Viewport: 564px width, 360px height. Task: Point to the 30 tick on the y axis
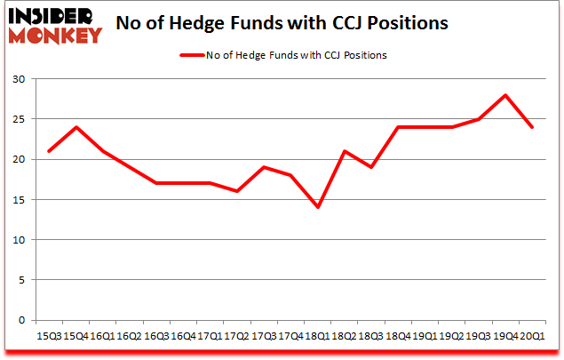(19, 79)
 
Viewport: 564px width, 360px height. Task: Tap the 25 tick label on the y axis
(19, 119)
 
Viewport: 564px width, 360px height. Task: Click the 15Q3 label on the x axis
(49, 335)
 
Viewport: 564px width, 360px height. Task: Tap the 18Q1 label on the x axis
(317, 335)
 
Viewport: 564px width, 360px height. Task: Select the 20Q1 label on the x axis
(532, 335)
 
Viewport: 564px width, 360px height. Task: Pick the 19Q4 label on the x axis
(505, 335)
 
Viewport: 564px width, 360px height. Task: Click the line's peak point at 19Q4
(505, 95)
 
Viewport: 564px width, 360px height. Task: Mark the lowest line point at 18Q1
(317, 207)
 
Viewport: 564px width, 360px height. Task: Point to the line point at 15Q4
(76, 127)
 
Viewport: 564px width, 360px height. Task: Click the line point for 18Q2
(345, 151)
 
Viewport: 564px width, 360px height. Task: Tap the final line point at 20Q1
(532, 127)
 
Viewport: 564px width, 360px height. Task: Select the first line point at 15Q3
(49, 151)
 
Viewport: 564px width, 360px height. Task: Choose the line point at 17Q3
(264, 167)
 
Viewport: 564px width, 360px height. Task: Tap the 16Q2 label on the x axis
(130, 335)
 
